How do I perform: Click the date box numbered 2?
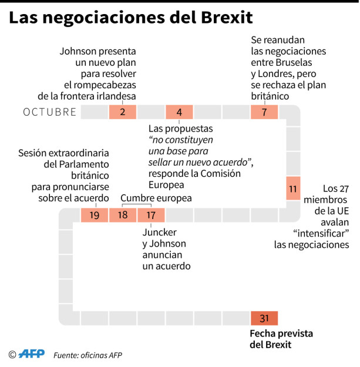(123, 112)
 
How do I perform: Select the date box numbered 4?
(179, 112)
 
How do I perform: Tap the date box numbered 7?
(264, 112)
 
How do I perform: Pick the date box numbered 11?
(293, 188)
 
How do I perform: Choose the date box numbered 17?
(151, 215)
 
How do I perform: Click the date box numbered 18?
(123, 215)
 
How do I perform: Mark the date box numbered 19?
(95, 215)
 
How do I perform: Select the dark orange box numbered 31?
(264, 318)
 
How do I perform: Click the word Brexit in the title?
(227, 18)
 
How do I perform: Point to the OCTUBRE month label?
(49, 112)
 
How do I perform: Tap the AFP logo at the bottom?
(32, 353)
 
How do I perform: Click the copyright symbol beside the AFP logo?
(12, 355)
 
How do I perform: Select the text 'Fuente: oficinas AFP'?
(88, 355)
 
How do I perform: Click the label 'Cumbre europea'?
(156, 198)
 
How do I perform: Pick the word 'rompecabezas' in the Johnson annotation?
(100, 85)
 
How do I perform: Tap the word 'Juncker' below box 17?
(159, 233)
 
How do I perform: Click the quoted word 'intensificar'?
(321, 233)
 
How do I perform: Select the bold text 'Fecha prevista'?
(281, 334)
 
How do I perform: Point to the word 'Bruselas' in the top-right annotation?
(294, 62)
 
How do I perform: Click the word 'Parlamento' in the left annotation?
(84, 164)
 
